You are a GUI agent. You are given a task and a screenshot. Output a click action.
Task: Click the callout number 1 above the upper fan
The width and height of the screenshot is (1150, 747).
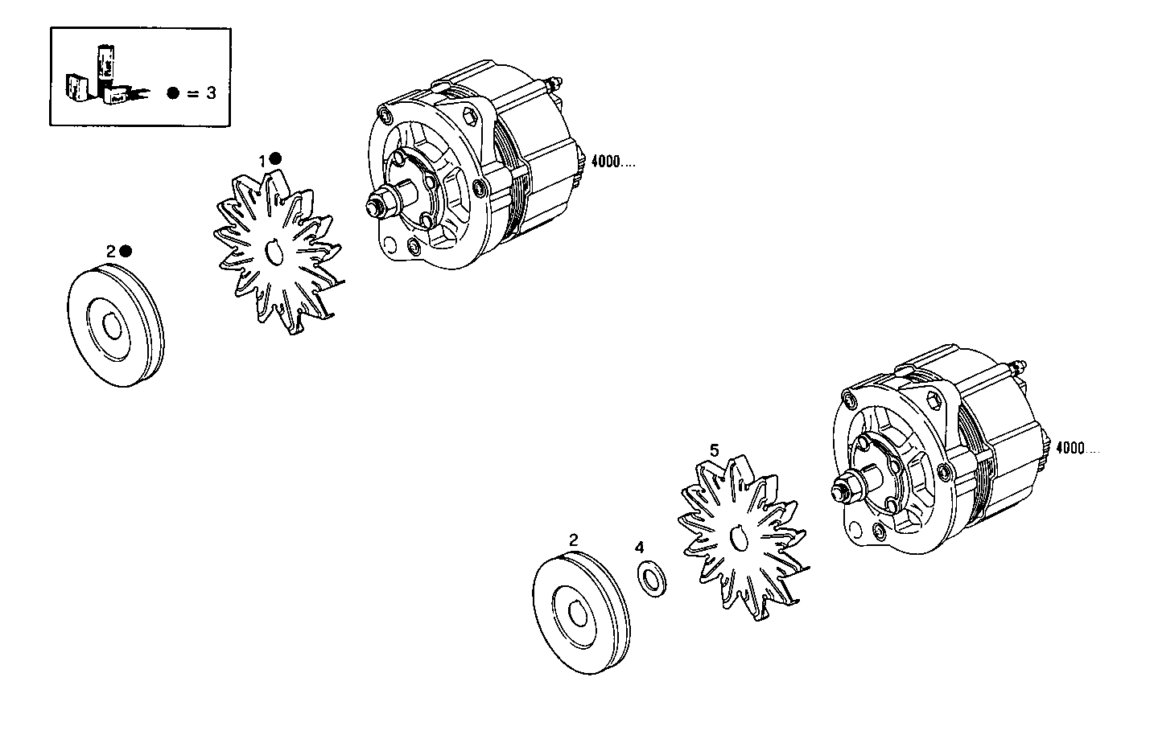(x=262, y=161)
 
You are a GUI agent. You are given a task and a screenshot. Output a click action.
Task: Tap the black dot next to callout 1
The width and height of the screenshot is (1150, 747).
(x=275, y=159)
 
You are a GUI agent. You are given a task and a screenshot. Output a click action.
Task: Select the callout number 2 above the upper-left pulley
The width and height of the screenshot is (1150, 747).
(x=111, y=252)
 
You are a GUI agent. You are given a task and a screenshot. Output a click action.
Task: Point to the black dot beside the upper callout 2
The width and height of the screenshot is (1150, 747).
(x=125, y=251)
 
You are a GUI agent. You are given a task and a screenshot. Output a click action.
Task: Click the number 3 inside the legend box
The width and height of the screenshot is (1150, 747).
(x=211, y=92)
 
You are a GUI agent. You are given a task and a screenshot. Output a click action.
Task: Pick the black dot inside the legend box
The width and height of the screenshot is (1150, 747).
(x=173, y=92)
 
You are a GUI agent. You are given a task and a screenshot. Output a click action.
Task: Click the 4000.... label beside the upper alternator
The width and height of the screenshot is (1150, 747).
(x=613, y=162)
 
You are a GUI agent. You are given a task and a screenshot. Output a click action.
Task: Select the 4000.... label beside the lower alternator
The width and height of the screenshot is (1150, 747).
(x=1077, y=448)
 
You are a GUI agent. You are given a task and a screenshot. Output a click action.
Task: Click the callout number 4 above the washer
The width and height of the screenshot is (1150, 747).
(x=639, y=548)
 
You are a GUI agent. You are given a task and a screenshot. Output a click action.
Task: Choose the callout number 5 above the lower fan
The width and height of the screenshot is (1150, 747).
(x=713, y=449)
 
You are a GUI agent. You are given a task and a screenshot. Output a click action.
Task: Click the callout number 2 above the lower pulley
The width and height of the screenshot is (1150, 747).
(x=573, y=540)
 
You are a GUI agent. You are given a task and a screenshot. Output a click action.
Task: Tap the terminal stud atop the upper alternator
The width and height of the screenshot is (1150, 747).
(x=554, y=83)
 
